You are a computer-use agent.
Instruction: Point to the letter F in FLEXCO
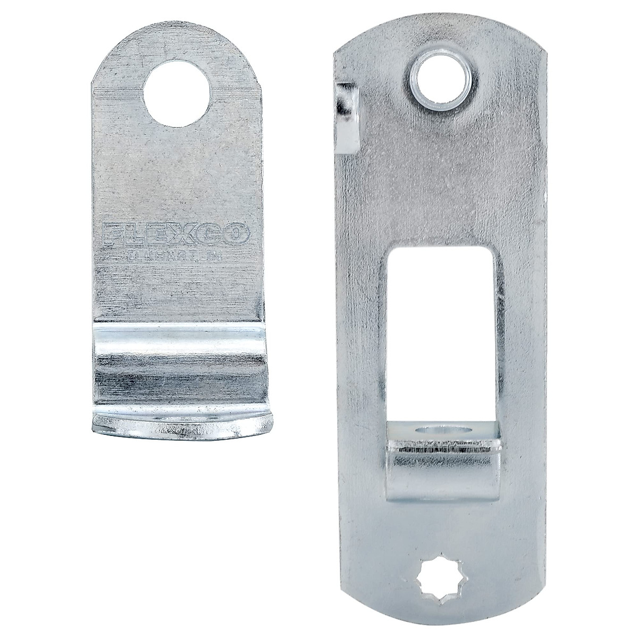(111, 235)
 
